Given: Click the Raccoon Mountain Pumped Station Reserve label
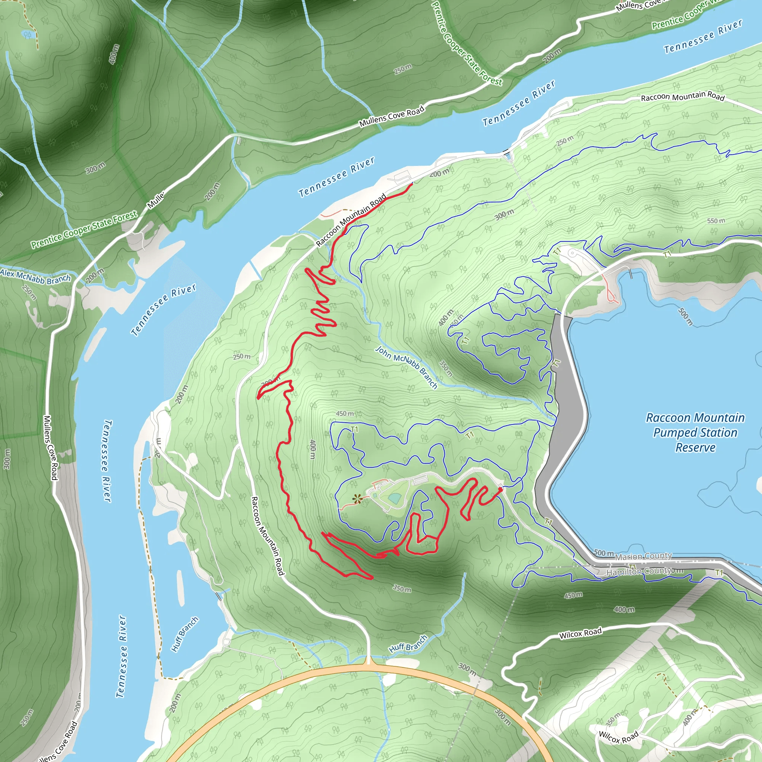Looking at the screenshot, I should coord(695,432).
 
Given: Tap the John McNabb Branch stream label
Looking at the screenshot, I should coord(406,367).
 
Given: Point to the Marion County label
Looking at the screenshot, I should coord(643,556).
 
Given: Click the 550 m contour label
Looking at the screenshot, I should coord(716,221).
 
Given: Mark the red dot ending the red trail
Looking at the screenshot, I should coord(500,489).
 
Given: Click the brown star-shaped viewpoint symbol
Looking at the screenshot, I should coord(357,499).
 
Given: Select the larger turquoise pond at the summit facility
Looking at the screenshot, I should coord(394,498).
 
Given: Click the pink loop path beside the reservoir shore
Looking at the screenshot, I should coord(611,294).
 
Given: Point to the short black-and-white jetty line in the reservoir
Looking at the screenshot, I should coord(631,273).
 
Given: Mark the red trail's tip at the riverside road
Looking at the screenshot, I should coord(412,183).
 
